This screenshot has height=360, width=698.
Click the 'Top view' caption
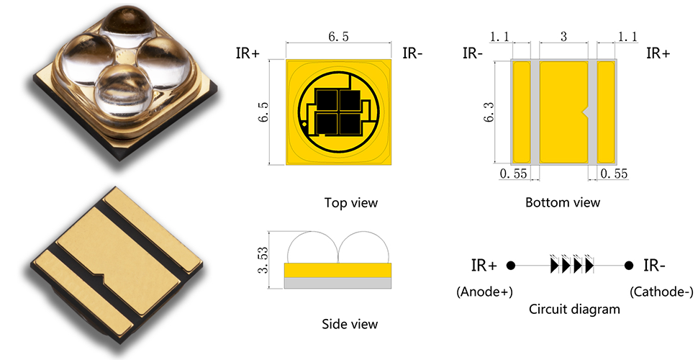pyautogui.click(x=350, y=203)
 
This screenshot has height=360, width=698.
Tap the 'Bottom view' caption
pyautogui.click(x=563, y=202)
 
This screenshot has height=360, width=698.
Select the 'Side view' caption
pyautogui.click(x=350, y=324)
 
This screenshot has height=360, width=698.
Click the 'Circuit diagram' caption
pyautogui.click(x=574, y=309)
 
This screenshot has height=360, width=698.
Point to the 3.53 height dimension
pyautogui.click(x=263, y=260)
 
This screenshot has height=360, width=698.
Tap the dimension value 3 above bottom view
pyautogui.click(x=563, y=37)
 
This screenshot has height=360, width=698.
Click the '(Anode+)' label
pyautogui.click(x=485, y=292)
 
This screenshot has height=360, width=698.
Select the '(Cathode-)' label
pyautogui.click(x=661, y=292)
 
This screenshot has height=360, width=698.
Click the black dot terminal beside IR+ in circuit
pyautogui.click(x=511, y=266)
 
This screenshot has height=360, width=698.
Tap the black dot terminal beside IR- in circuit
pyautogui.click(x=628, y=266)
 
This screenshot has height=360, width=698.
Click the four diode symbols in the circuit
pyautogui.click(x=572, y=264)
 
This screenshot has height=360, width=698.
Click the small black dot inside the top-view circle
pyautogui.click(x=304, y=123)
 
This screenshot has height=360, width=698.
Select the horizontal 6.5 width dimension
pyautogui.click(x=338, y=37)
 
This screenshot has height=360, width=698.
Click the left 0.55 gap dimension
pyautogui.click(x=514, y=173)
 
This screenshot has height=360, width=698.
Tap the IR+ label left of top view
pyautogui.click(x=248, y=53)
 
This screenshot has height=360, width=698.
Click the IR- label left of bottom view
pyautogui.click(x=473, y=53)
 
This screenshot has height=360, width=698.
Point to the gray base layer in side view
pyautogui.click(x=338, y=283)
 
